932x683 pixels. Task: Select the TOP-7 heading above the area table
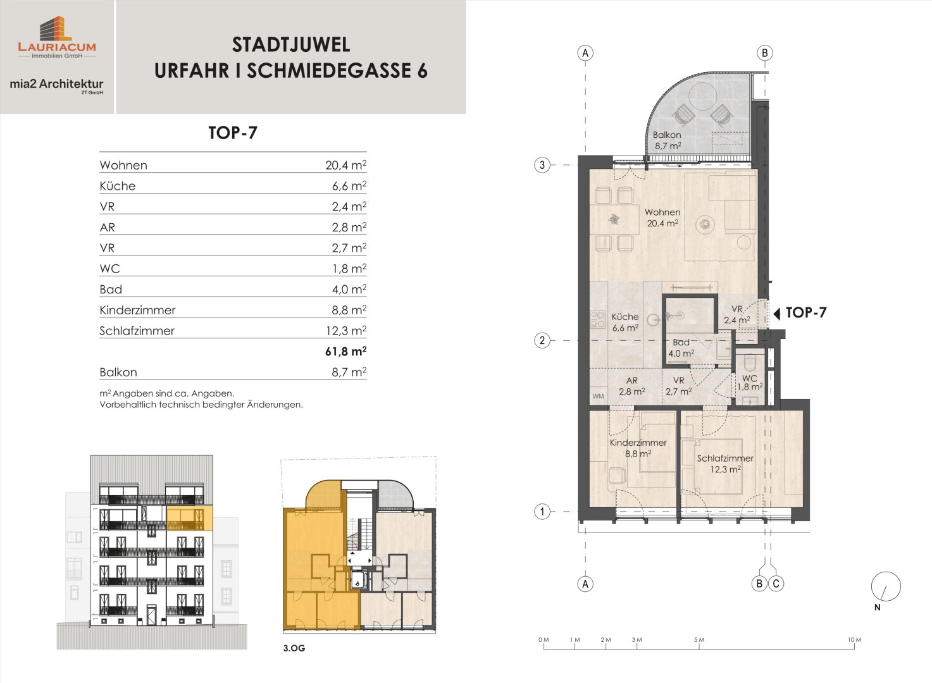[233, 133]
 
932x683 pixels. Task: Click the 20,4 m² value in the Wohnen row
[345, 165]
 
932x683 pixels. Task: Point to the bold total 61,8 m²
[345, 352]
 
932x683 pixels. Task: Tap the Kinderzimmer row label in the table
[137, 311]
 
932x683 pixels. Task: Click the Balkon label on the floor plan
[666, 135]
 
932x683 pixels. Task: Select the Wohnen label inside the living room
[662, 212]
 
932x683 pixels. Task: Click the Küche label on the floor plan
[625, 317]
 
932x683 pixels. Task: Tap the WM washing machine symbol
[598, 396]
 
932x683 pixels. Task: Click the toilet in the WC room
[750, 363]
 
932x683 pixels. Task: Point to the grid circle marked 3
[542, 165]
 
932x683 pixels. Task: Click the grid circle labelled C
[776, 584]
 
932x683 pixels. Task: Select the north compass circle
[886, 586]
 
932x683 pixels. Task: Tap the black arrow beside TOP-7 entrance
[777, 313]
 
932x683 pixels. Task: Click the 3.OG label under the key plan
[294, 648]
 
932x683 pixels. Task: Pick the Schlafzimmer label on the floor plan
[725, 458]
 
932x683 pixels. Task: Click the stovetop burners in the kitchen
[598, 319]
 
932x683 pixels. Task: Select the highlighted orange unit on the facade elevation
[189, 518]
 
